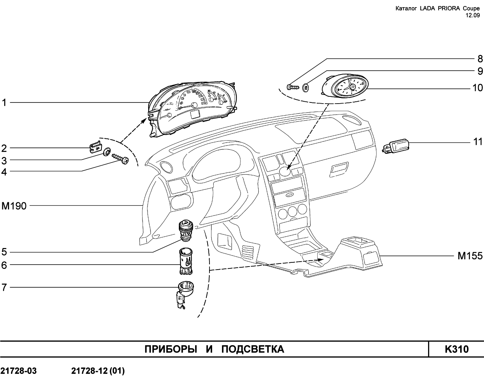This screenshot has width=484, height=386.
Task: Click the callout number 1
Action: coord(4,102)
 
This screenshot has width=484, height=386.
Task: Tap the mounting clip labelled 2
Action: coord(95,147)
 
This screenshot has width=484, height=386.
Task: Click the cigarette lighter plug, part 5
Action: coord(186,231)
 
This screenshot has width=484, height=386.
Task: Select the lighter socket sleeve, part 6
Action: coord(186,261)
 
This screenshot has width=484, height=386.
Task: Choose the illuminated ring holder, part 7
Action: coord(185,294)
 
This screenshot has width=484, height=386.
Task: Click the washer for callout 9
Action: coord(306,87)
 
